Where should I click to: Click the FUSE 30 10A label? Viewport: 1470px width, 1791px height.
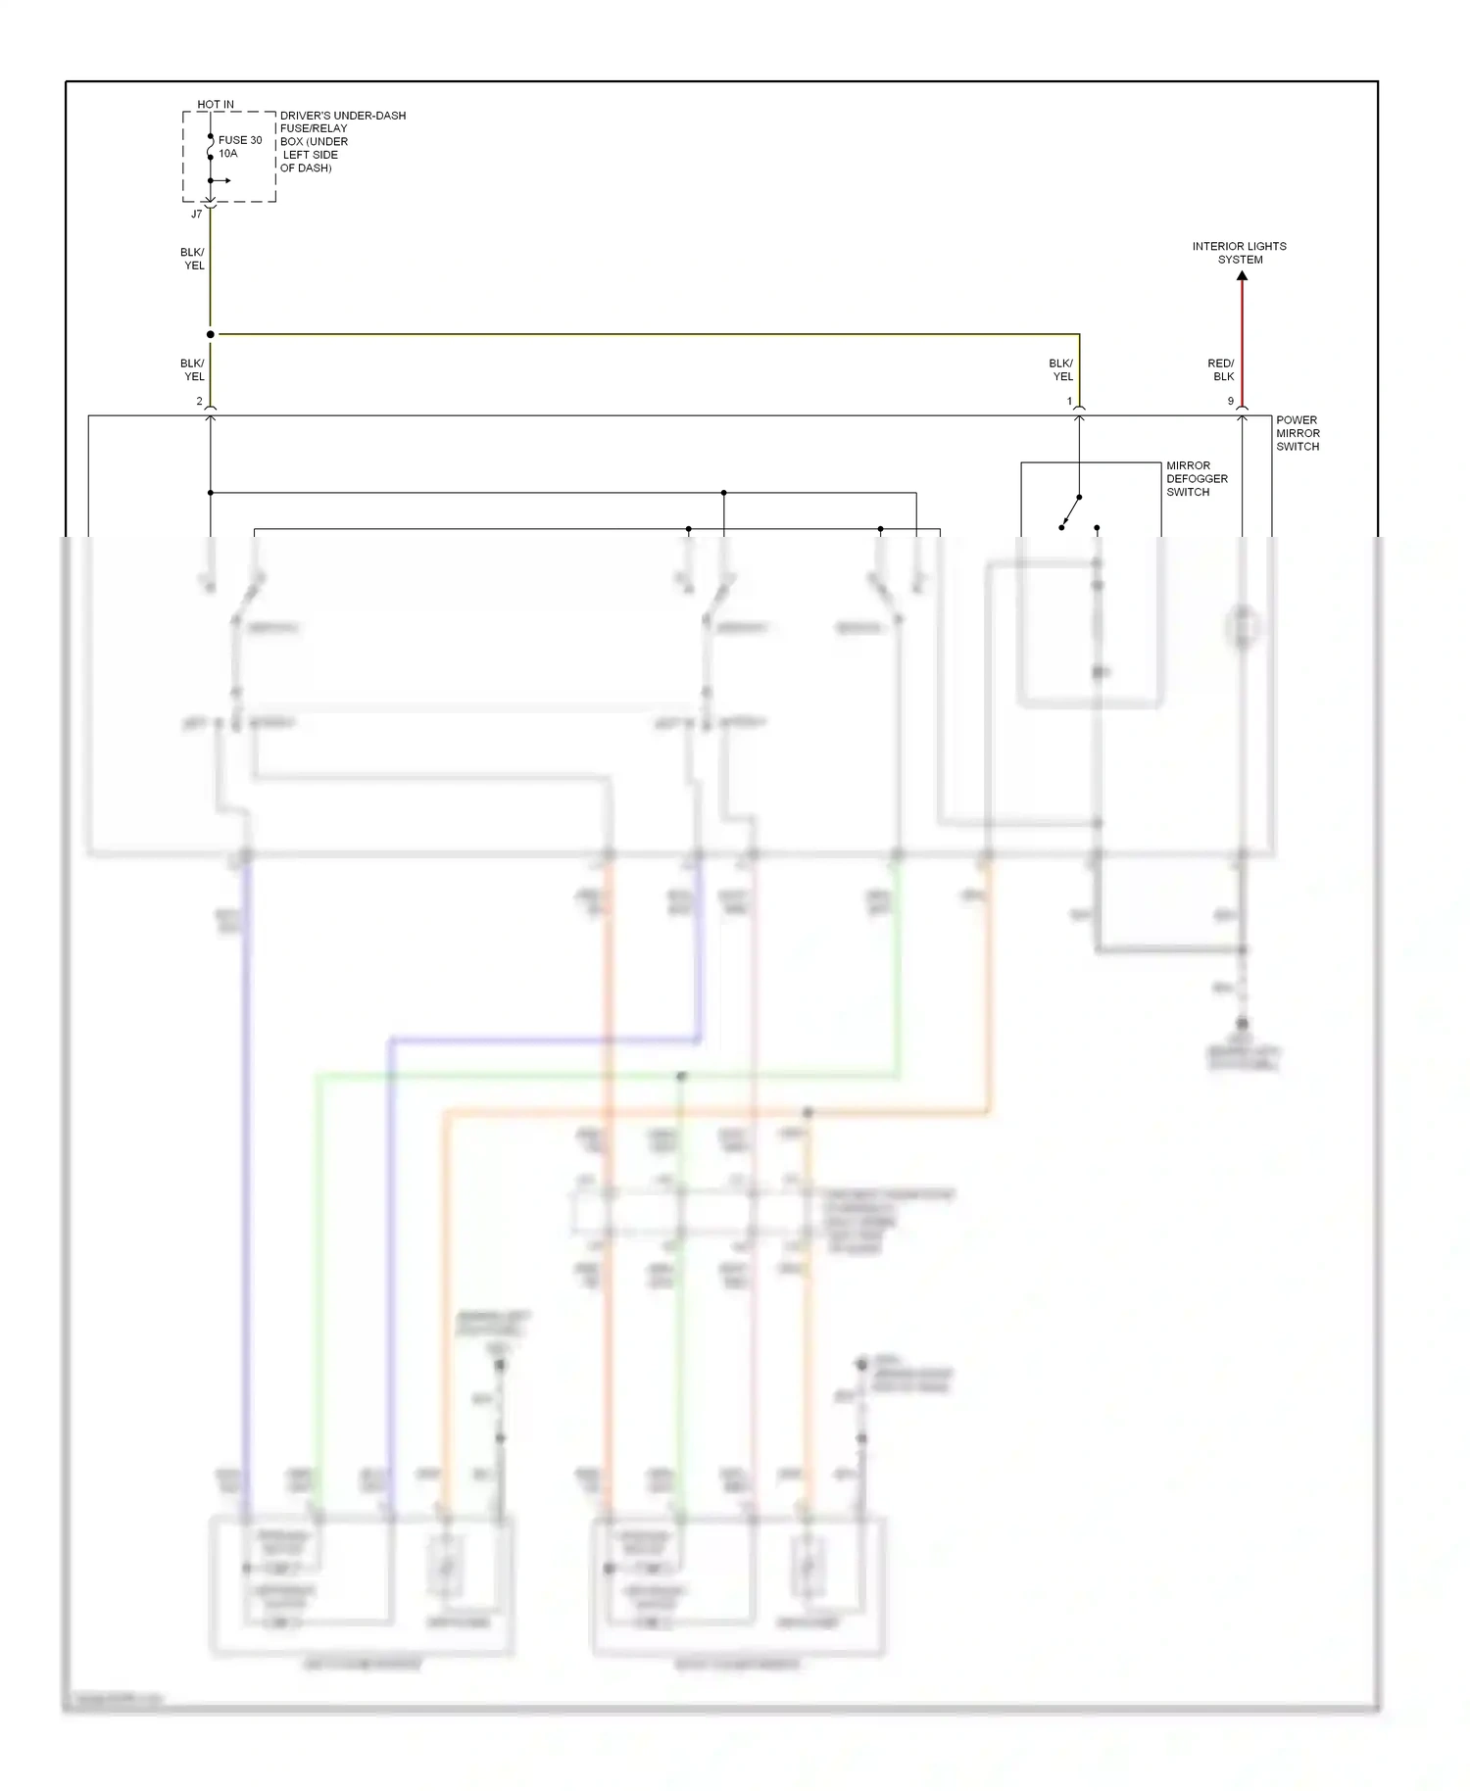[x=239, y=147]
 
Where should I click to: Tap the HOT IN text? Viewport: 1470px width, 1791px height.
[x=216, y=104]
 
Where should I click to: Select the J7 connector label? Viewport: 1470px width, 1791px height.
[x=196, y=214]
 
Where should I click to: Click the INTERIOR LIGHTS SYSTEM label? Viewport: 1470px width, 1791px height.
[x=1240, y=253]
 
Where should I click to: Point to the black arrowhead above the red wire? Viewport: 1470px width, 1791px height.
[x=1242, y=276]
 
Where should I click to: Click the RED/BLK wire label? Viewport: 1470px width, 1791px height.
[x=1221, y=369]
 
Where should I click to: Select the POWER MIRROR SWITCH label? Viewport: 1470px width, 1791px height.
[x=1298, y=433]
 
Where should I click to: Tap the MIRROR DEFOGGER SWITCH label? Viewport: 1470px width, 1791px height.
[x=1197, y=479]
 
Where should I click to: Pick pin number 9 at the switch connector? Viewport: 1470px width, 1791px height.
[x=1231, y=402]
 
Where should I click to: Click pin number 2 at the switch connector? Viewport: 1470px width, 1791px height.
[x=199, y=402]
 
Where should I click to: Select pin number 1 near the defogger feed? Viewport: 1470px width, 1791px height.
[x=1069, y=402]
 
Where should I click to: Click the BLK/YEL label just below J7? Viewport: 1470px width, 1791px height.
[x=193, y=259]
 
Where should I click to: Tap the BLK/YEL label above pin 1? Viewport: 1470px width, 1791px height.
[x=1061, y=369]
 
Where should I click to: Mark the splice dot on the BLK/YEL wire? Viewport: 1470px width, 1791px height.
[x=210, y=334]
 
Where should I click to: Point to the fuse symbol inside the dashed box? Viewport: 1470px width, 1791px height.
[x=210, y=147]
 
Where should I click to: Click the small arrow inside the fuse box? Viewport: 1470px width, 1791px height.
[x=223, y=180]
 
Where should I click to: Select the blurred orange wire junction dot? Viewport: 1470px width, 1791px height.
[x=808, y=1113]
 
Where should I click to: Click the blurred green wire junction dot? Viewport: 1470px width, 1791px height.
[x=681, y=1076]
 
